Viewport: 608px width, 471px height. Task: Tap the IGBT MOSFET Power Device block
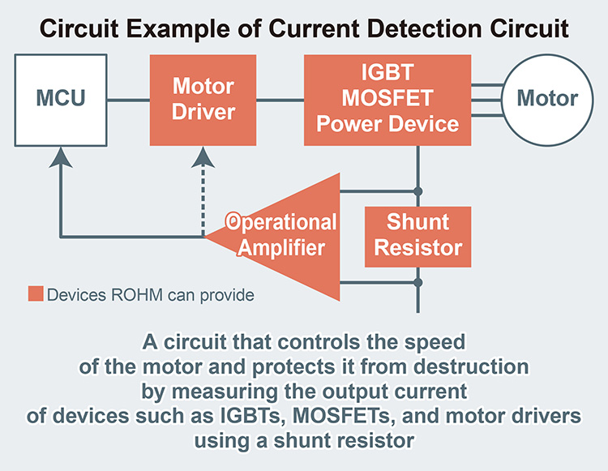387,101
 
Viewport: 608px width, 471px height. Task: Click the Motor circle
547,99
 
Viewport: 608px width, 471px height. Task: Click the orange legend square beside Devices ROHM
35,293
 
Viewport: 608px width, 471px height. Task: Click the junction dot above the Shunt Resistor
418,191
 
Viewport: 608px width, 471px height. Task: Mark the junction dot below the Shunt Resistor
418,282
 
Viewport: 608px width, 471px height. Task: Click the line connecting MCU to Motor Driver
130,100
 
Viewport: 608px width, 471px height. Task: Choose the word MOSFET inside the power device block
387,101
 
